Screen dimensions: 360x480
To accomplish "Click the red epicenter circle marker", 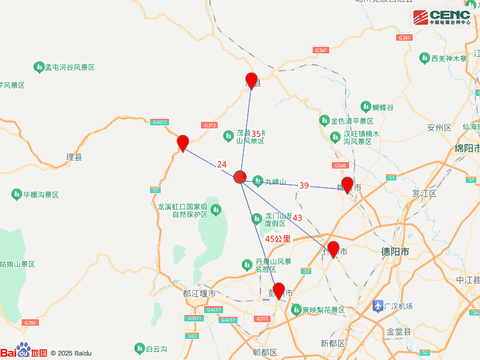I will [240, 176].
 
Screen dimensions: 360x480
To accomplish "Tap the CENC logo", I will [441, 17].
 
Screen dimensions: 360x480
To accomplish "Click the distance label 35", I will [256, 134].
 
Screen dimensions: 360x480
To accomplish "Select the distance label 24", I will [222, 164].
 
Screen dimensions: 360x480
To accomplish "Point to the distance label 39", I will [304, 186].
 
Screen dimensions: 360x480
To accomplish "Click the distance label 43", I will [298, 217].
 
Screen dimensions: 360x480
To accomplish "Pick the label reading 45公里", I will [278, 238].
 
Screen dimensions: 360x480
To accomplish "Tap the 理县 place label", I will [74, 158].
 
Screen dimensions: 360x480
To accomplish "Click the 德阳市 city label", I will [395, 252].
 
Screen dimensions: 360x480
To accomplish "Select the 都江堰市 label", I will [199, 293].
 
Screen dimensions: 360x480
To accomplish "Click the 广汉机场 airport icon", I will [378, 306].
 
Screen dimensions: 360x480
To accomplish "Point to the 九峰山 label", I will [276, 181].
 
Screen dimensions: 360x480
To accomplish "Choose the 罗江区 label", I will [424, 194].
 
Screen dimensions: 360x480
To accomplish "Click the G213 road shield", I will [210, 125].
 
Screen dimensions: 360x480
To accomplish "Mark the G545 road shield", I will [341, 166].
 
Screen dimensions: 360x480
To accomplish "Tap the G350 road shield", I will [30, 323].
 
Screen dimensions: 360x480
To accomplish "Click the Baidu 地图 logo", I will [24, 352].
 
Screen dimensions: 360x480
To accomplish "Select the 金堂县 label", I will [398, 331].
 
